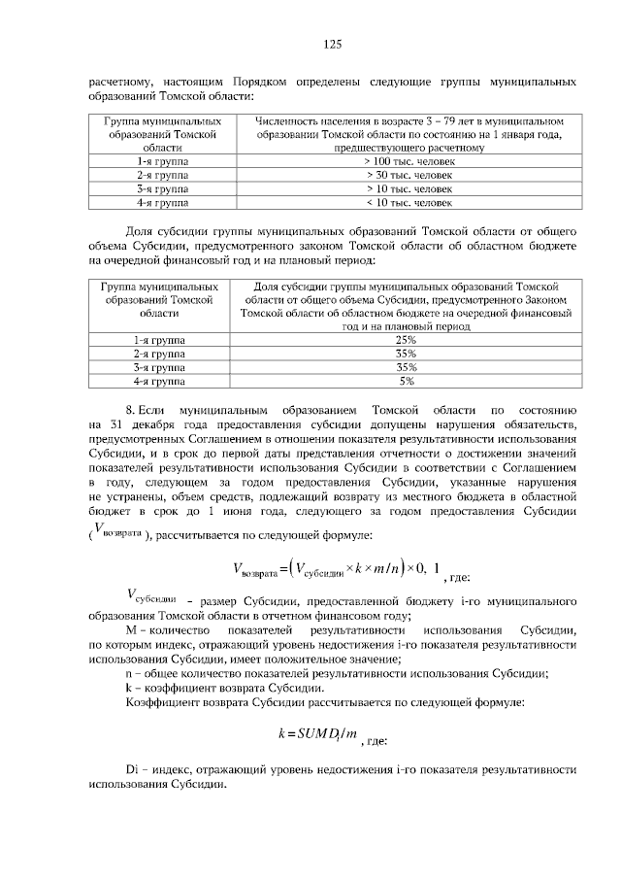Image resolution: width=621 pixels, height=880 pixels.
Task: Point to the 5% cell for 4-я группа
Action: click(x=406, y=382)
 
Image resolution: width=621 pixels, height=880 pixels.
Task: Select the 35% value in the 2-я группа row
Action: click(x=406, y=355)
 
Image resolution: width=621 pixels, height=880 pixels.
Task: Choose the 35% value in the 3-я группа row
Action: click(x=406, y=368)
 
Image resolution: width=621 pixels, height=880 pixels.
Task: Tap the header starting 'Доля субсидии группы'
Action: click(x=406, y=307)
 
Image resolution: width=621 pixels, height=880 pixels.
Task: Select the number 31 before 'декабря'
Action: click(x=117, y=425)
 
